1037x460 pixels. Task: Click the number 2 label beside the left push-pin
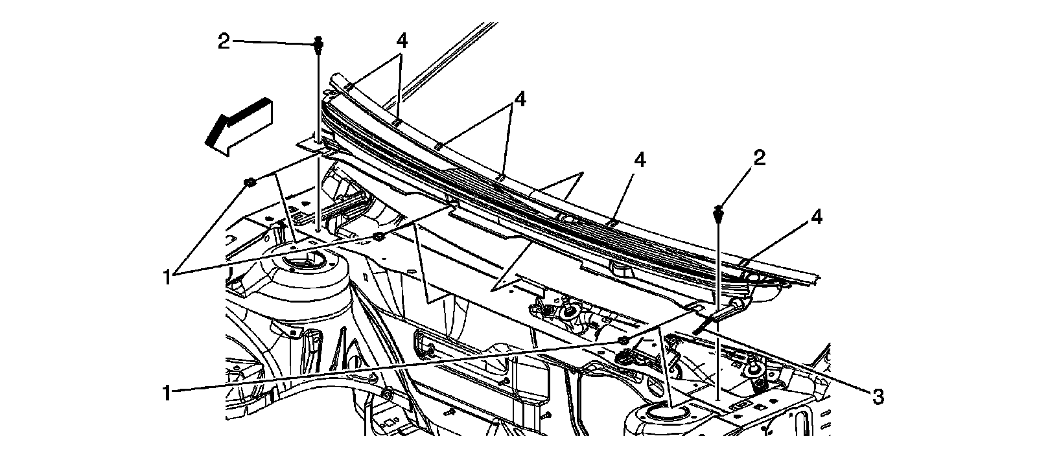[224, 42]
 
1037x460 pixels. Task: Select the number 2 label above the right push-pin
[759, 157]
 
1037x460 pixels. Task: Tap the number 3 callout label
[878, 396]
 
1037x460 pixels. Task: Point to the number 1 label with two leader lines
[167, 277]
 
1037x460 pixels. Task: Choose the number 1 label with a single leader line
[167, 393]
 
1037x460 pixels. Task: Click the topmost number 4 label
[402, 40]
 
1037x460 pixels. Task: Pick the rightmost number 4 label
[816, 218]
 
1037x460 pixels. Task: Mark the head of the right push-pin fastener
[718, 211]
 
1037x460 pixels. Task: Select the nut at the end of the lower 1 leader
[623, 340]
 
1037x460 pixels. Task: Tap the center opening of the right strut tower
[660, 413]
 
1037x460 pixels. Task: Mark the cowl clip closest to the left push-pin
[347, 87]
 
